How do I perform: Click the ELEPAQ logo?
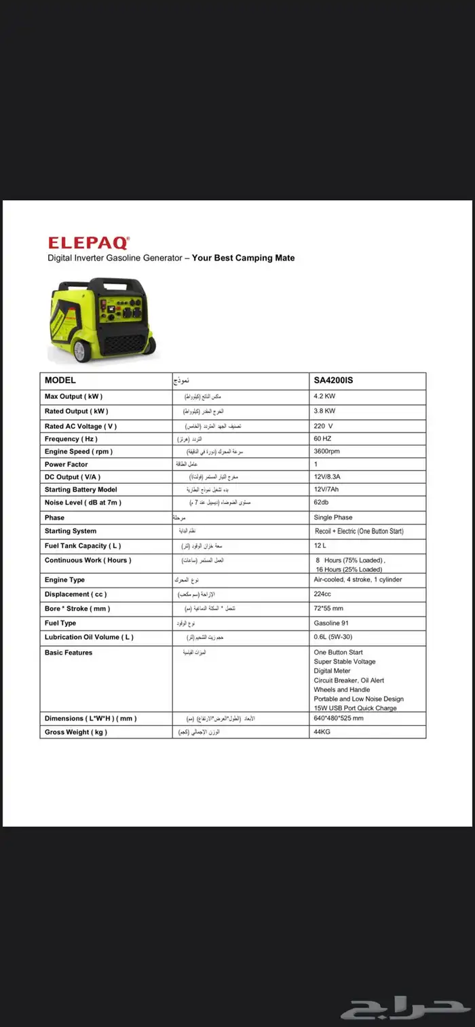[88, 242]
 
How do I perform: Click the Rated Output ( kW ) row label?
[76, 411]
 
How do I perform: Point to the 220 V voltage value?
[323, 426]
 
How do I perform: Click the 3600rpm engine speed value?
[328, 451]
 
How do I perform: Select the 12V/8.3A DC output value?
[329, 477]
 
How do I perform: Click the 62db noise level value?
[322, 503]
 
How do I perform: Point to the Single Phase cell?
[333, 518]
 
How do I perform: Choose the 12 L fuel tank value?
[320, 545]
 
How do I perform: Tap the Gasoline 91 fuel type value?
[331, 623]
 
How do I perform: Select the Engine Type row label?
[64, 580]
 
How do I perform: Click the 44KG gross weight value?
[322, 732]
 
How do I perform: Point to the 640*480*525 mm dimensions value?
[339, 718]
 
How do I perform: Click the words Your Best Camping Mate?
[243, 258]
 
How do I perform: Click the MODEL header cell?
[60, 381]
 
